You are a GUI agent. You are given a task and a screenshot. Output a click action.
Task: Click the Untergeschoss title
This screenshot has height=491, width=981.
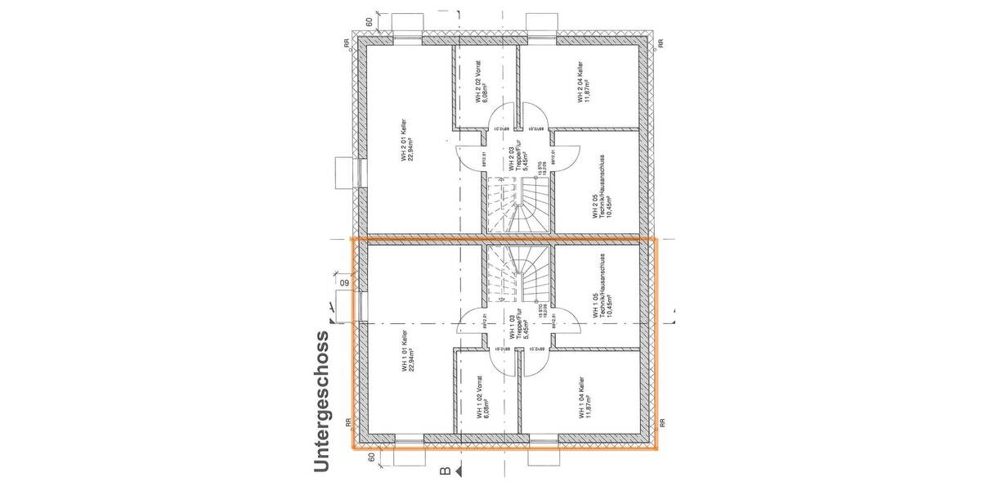(321, 401)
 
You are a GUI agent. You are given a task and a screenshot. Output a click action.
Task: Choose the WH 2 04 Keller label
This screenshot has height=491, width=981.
(583, 83)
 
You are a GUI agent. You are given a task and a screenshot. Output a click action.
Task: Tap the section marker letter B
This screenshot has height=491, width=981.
(446, 471)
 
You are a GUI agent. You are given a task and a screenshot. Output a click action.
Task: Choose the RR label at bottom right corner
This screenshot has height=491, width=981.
(662, 424)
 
